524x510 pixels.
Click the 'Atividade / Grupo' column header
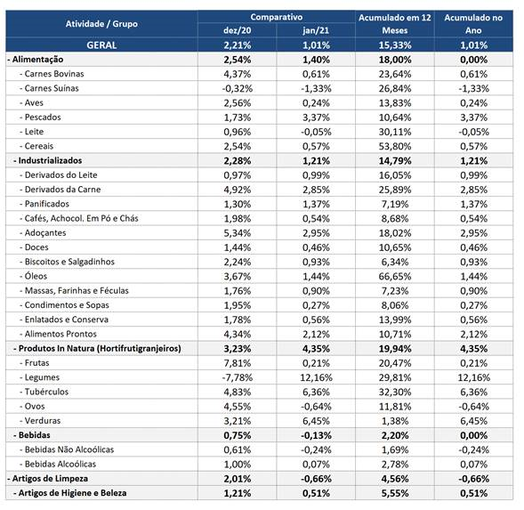[101, 24]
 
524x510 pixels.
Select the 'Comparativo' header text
[277, 17]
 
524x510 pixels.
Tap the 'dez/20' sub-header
[238, 30]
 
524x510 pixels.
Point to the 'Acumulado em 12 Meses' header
[395, 24]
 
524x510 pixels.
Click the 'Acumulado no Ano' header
[473, 24]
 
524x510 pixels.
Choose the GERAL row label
[101, 45]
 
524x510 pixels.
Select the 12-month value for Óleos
[395, 277]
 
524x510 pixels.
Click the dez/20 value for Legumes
[238, 377]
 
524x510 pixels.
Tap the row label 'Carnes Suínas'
[49, 88]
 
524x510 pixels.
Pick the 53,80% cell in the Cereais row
[395, 147]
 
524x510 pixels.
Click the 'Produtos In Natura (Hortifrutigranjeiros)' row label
[97, 349]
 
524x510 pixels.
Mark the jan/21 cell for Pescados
[316, 117]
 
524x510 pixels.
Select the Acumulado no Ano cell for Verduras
[473, 421]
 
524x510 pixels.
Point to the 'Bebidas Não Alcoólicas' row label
[67, 449]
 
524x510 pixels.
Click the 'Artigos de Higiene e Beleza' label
[70, 493]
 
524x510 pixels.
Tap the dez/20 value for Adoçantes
[238, 233]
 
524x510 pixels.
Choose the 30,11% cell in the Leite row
[395, 132]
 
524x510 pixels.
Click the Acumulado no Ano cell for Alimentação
[473, 60]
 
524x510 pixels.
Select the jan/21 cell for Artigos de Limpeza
[316, 479]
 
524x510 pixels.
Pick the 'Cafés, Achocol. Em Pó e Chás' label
[79, 218]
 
